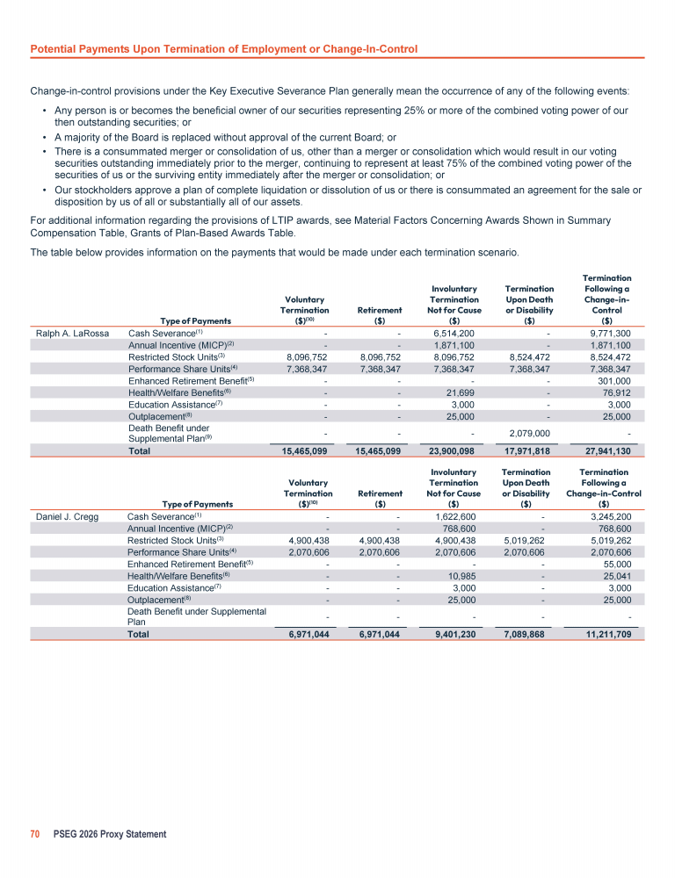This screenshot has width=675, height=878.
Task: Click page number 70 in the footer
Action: click(36, 833)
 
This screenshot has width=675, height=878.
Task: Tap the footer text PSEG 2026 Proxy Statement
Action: click(109, 833)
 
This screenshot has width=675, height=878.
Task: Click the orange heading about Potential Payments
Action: click(223, 47)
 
